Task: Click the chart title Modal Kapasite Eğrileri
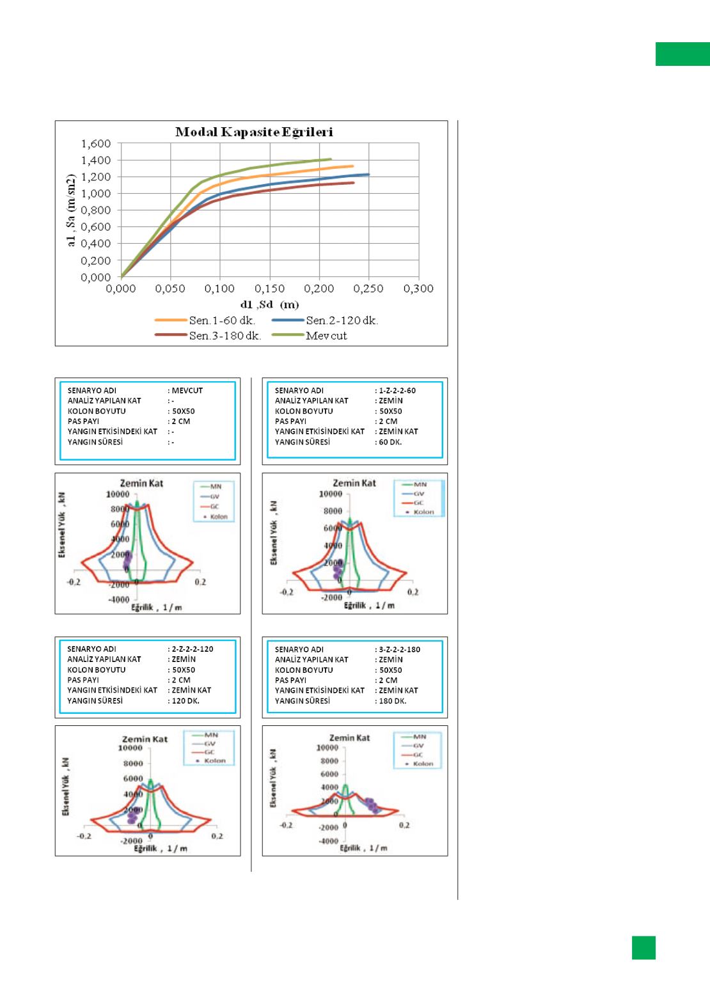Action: (x=254, y=132)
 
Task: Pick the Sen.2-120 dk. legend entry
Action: (x=342, y=321)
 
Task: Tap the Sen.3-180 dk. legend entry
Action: (x=225, y=336)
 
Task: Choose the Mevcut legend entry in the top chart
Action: (x=326, y=336)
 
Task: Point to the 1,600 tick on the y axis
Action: (x=96, y=143)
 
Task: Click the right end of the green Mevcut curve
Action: (x=330, y=159)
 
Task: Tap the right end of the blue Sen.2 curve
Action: (x=368, y=174)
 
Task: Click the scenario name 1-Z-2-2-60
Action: (x=397, y=390)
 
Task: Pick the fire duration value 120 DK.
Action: (x=185, y=700)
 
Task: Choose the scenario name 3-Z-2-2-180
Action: (x=399, y=649)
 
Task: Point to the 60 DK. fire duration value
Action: (x=390, y=442)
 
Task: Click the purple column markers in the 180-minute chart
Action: (x=372, y=805)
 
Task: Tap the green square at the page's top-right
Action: (x=682, y=54)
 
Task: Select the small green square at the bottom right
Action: (x=643, y=948)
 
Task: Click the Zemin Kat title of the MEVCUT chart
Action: (x=141, y=483)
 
